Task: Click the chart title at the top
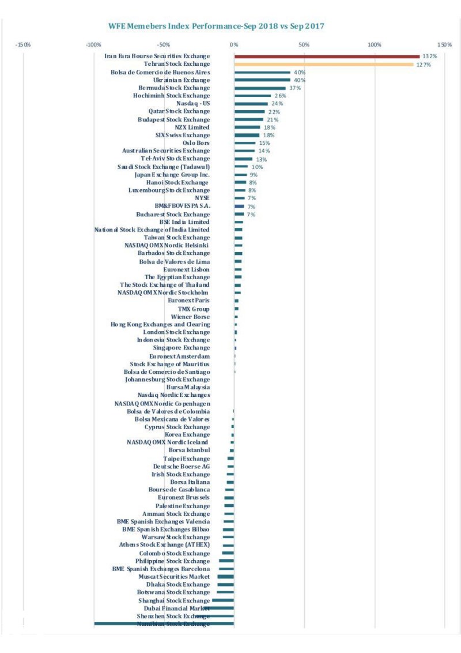pos(216,26)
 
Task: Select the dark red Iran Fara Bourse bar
pos(327,56)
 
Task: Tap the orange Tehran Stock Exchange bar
pos(323,64)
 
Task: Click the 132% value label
pos(430,57)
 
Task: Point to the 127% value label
pos(424,65)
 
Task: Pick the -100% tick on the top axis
pos(93,44)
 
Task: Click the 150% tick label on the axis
pos(444,44)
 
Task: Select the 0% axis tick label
pos(234,44)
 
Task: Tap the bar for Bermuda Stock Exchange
pos(260,88)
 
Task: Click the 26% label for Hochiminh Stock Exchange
pos(279,96)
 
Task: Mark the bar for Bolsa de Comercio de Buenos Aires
pos(262,72)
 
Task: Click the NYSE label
pos(202,198)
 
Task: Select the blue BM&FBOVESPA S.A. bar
pos(239,206)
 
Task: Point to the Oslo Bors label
pos(196,143)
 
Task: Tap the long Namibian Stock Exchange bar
pos(164,624)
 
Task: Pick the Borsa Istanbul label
pos(190,450)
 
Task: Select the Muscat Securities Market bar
pos(225,576)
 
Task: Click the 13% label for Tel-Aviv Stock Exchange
pos(261,159)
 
